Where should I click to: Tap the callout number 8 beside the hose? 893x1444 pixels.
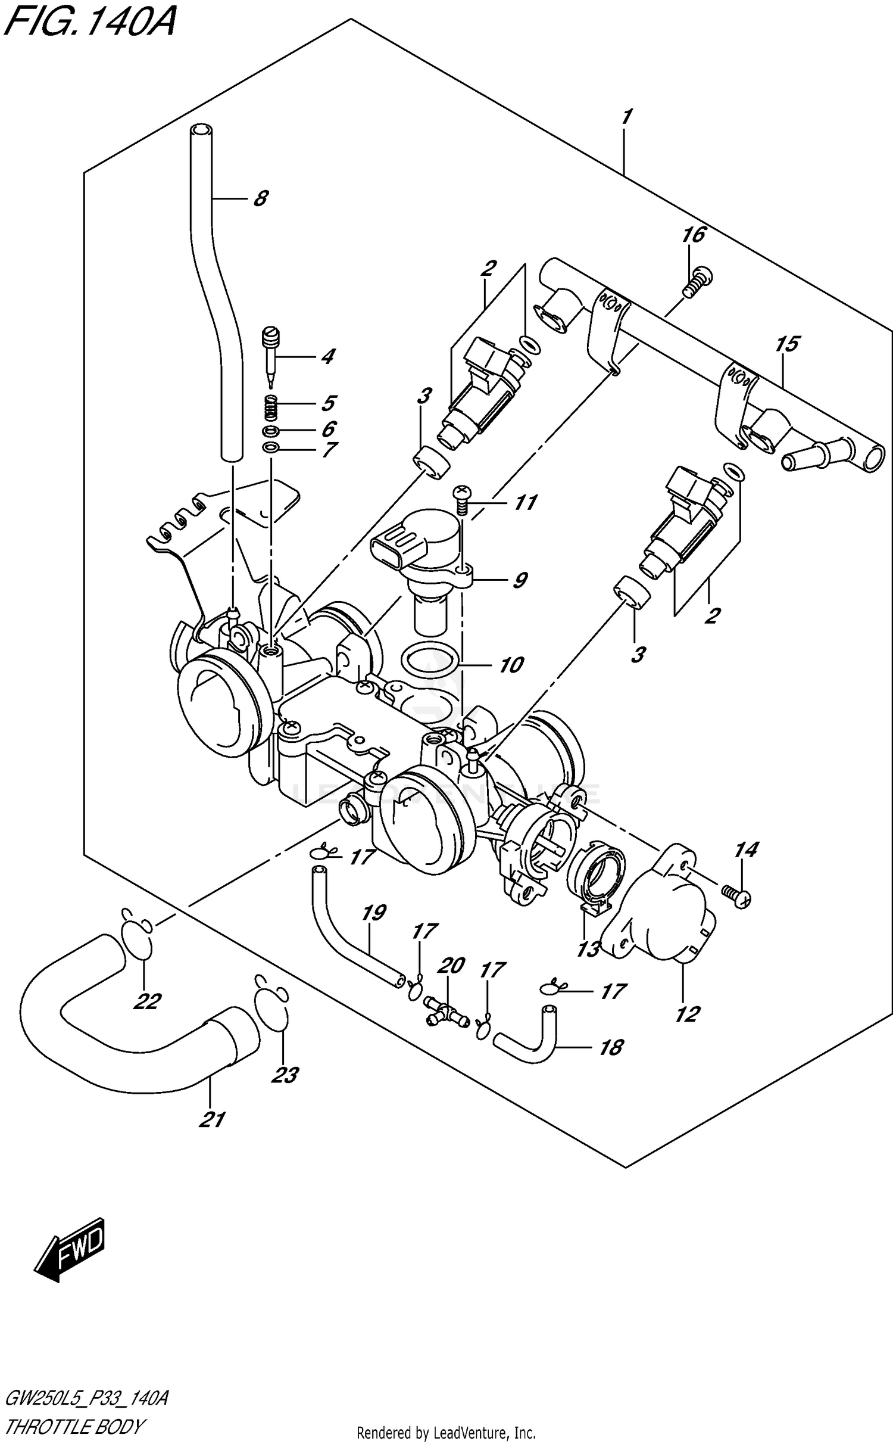260,198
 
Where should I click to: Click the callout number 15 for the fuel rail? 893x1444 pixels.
787,344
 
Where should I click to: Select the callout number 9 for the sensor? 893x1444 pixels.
519,580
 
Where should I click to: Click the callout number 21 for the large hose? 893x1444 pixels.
212,1120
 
